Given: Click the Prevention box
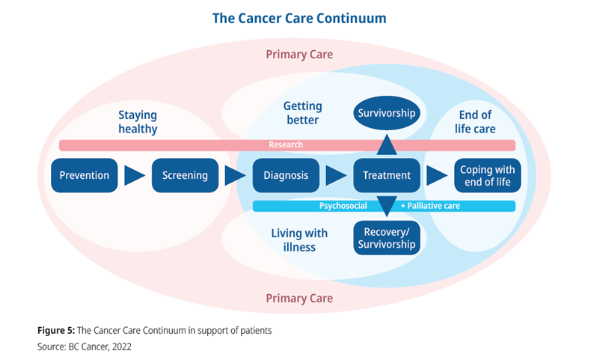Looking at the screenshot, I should click(x=85, y=176).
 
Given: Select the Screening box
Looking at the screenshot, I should click(x=185, y=176).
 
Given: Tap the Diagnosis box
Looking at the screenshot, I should click(x=286, y=176).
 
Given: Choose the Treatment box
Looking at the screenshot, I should click(x=386, y=176).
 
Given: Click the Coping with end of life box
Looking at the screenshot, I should click(x=487, y=176).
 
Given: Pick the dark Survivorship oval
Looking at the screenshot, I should click(x=386, y=115).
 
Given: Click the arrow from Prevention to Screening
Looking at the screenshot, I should click(x=135, y=176).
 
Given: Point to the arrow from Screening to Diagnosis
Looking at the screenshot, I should click(x=235, y=176).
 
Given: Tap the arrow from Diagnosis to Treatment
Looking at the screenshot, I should click(x=336, y=176).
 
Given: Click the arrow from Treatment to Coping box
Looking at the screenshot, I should click(x=436, y=176).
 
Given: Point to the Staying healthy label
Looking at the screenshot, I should click(x=138, y=122).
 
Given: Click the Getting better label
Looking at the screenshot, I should click(x=301, y=114).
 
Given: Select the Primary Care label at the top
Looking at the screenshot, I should click(x=299, y=55).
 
